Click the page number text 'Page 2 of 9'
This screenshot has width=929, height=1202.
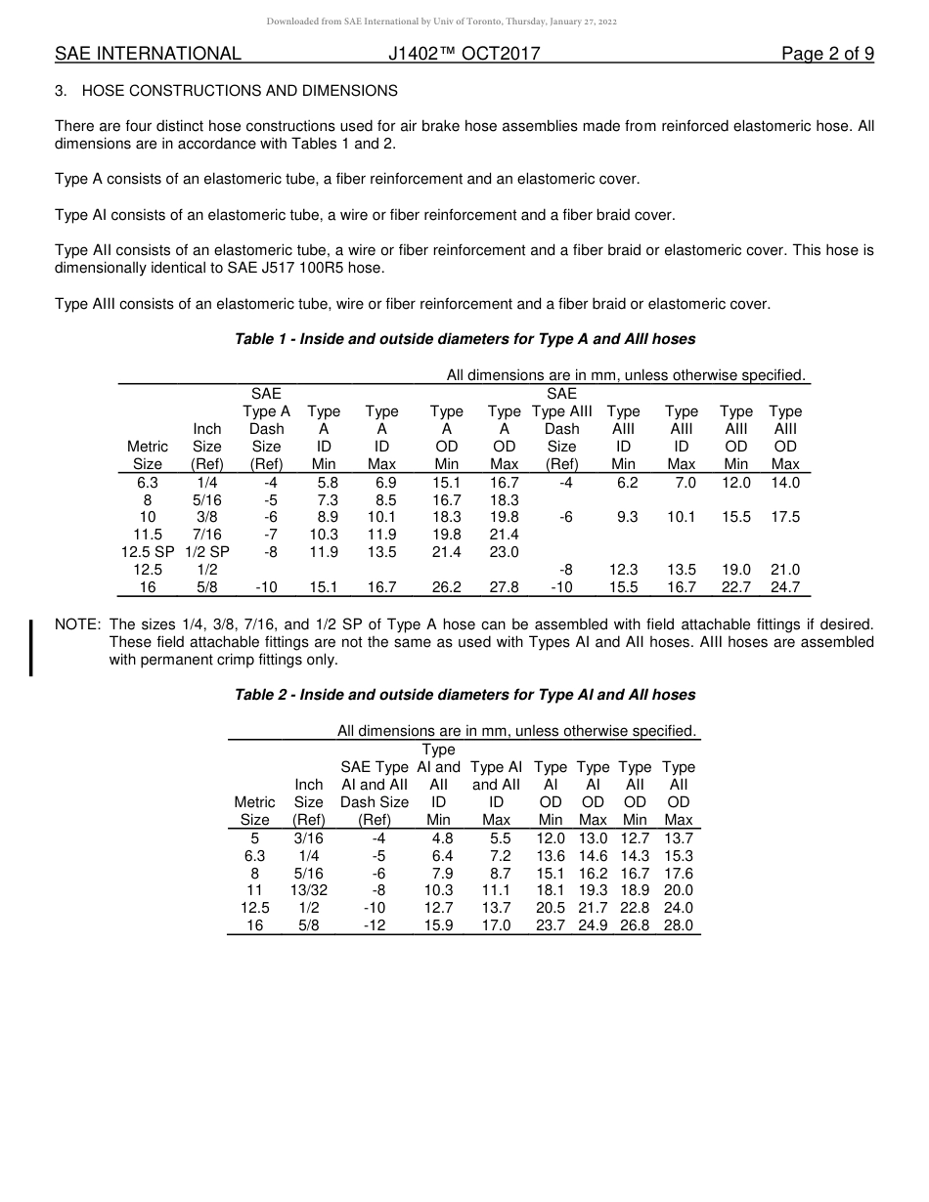click(x=827, y=54)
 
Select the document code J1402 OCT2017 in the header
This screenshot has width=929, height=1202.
click(x=464, y=54)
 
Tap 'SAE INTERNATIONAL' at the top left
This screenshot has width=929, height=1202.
click(x=148, y=54)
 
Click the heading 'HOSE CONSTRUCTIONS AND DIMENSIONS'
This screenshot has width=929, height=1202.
click(x=240, y=91)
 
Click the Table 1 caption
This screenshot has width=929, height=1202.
click(x=464, y=339)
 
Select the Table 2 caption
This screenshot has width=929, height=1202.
click(x=464, y=695)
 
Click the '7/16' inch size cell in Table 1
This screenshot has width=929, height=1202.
click(x=207, y=535)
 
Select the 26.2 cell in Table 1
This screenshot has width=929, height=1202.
click(x=446, y=587)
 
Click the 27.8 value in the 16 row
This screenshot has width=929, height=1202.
click(x=504, y=587)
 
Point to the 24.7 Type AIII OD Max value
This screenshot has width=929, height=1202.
click(x=785, y=587)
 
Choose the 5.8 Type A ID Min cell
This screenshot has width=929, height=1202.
click(x=324, y=483)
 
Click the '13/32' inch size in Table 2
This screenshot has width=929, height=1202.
click(x=308, y=890)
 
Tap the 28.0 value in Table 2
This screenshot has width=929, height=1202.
click(x=678, y=925)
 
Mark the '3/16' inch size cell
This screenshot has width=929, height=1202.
click(x=308, y=838)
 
